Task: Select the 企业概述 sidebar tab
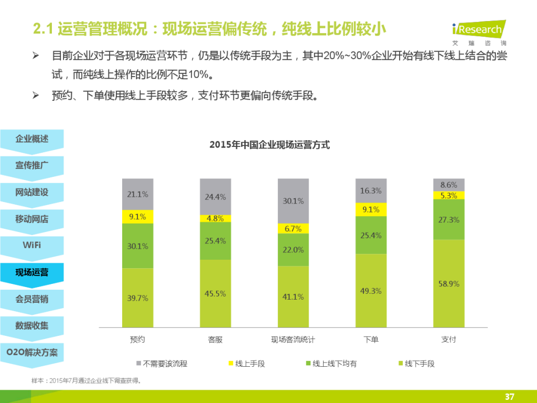point(32,139)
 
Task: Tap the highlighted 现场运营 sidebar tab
point(32,272)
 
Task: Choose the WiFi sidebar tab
point(32,245)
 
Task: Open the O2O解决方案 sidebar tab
point(32,353)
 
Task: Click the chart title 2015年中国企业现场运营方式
point(270,145)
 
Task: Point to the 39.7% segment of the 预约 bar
point(138,298)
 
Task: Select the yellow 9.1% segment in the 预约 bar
point(138,216)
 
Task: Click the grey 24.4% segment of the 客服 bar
point(216,197)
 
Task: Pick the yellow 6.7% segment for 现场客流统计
point(293,228)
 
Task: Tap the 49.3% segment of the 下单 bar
point(371,291)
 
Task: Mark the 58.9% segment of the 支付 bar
point(449,283)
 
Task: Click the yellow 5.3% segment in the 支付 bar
point(449,195)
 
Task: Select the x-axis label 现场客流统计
point(293,340)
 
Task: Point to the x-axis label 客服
point(216,340)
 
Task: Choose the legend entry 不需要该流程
point(162,363)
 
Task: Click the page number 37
point(509,396)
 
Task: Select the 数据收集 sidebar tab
point(32,326)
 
